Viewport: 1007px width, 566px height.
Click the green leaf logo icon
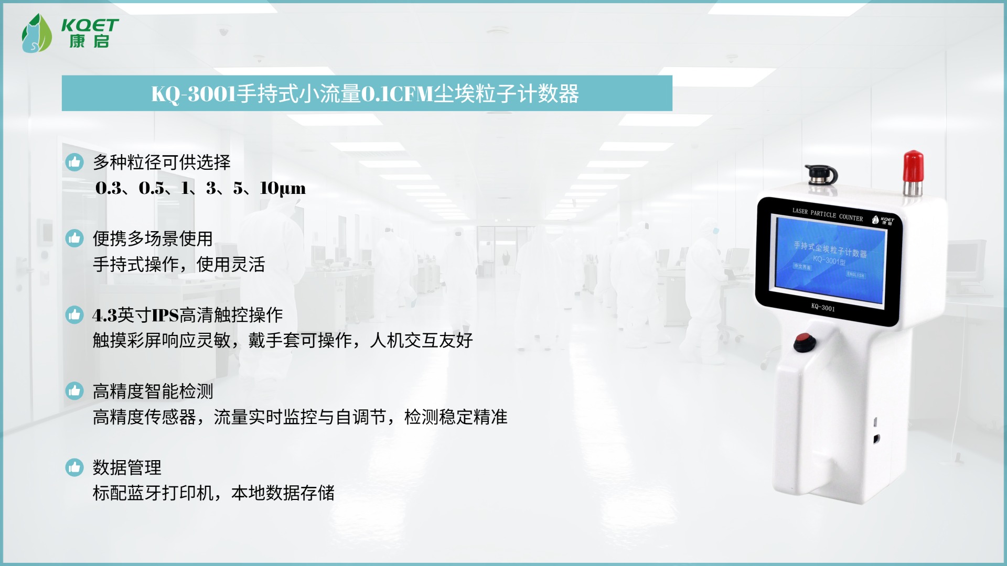pyautogui.click(x=36, y=33)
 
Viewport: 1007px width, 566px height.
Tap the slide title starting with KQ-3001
pyautogui.click(x=365, y=94)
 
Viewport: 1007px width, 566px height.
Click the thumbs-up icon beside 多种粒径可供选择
pyautogui.click(x=74, y=162)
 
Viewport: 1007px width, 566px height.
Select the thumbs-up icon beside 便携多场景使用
pyautogui.click(x=74, y=238)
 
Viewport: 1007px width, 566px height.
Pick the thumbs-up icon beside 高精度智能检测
pyautogui.click(x=74, y=391)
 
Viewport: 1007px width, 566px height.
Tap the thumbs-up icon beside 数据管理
pyautogui.click(x=74, y=467)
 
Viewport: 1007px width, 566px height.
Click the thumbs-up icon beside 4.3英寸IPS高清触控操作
pyautogui.click(x=74, y=314)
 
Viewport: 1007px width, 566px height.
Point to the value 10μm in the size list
pyautogui.click(x=283, y=188)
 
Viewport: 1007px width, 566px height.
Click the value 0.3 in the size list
pyautogui.click(x=109, y=188)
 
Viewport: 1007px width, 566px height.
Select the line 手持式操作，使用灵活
pyautogui.click(x=179, y=265)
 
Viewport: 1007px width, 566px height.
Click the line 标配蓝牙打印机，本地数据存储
pyautogui.click(x=213, y=493)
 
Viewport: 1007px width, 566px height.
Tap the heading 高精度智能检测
pyautogui.click(x=153, y=391)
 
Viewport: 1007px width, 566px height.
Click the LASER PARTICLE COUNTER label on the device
pyautogui.click(x=828, y=214)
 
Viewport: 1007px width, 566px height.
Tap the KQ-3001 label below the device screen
pyautogui.click(x=823, y=307)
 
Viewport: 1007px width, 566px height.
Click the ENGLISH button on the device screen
pyautogui.click(x=855, y=275)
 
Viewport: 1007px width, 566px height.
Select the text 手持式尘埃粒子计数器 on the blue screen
pyautogui.click(x=830, y=249)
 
